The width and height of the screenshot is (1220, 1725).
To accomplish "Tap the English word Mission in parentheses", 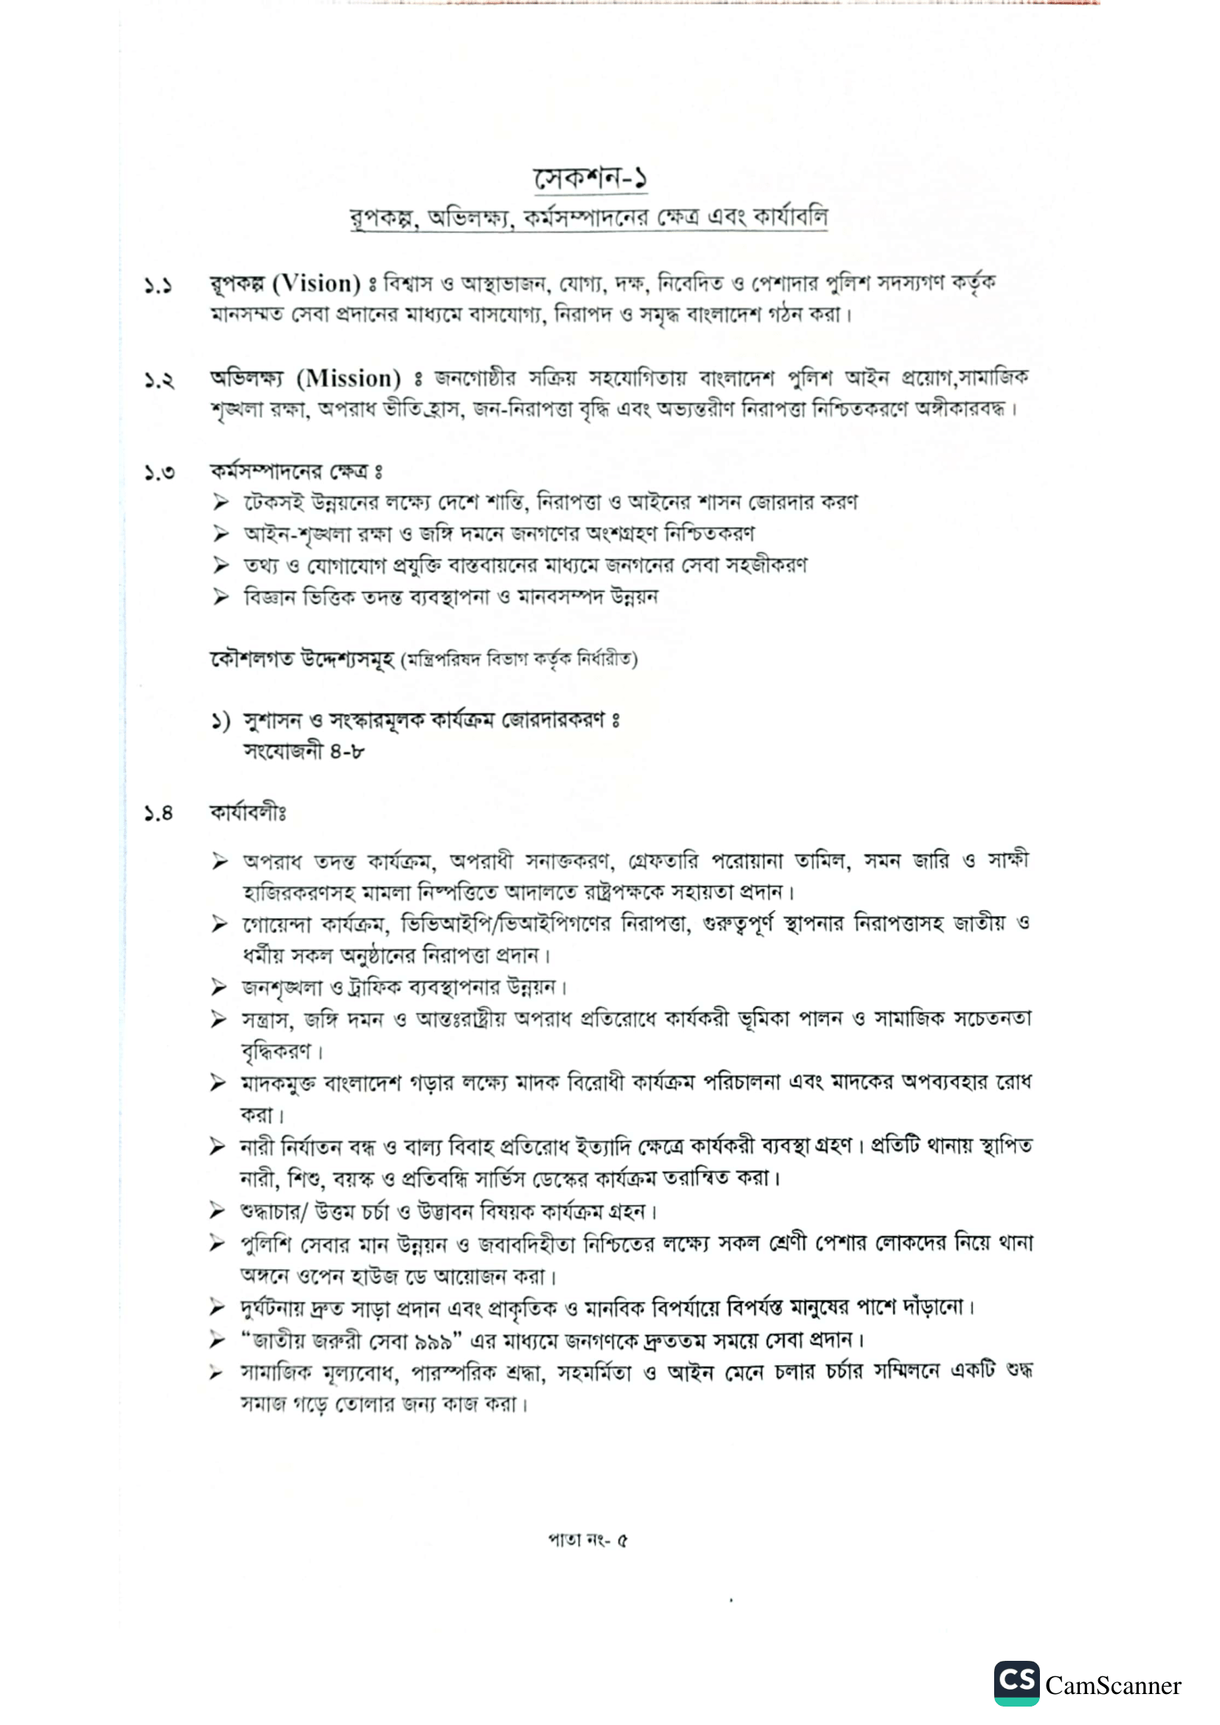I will click(348, 378).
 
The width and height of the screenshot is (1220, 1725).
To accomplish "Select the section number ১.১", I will click(159, 286).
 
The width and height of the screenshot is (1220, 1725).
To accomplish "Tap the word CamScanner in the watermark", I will click(1112, 1685).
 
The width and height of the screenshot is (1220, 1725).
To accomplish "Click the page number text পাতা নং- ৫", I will click(587, 1540).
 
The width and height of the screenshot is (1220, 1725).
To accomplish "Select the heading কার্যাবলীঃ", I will click(248, 813).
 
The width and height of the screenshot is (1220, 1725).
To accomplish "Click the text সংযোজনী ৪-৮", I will click(303, 751).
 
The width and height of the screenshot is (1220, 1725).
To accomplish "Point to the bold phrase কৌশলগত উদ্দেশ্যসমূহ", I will click(301, 659).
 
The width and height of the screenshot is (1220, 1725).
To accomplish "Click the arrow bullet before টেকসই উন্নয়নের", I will click(220, 502).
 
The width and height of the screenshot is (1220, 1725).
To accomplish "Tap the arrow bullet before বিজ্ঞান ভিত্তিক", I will click(220, 597).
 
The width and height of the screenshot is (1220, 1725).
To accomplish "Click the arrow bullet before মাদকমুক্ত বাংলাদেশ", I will click(218, 1083).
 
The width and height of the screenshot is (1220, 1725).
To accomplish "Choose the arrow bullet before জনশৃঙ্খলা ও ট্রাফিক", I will click(218, 988).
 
